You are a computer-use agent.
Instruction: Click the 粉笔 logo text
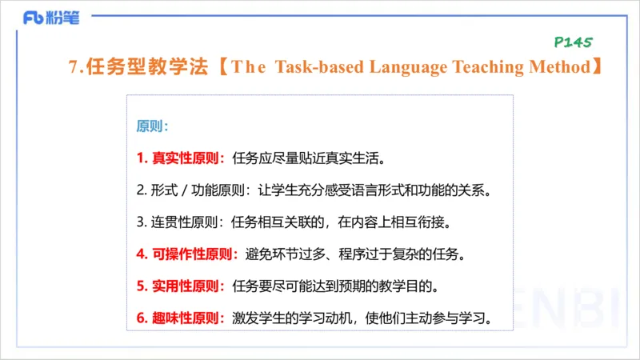pyautogui.click(x=64, y=18)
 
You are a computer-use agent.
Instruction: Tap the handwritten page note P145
pyautogui.click(x=572, y=42)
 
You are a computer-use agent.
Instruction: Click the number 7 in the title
pyautogui.click(x=73, y=68)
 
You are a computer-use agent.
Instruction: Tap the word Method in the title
pyautogui.click(x=559, y=68)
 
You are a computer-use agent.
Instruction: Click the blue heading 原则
pyautogui.click(x=150, y=126)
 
